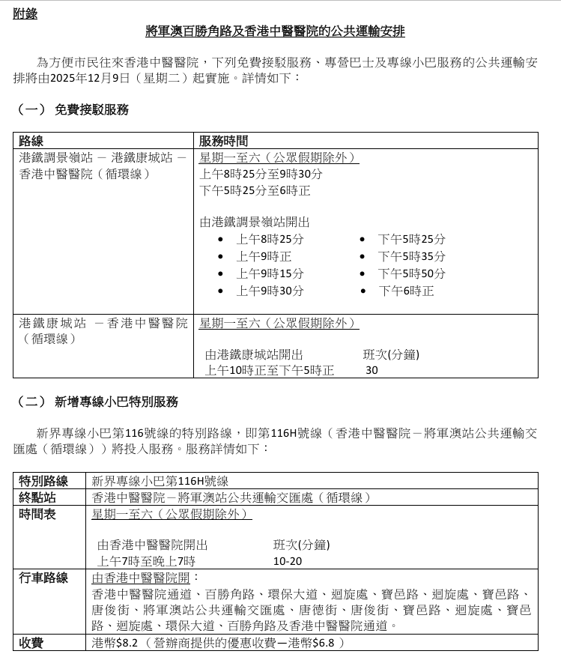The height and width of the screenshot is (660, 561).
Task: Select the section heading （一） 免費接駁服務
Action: click(x=72, y=109)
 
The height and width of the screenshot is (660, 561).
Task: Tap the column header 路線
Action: click(x=31, y=141)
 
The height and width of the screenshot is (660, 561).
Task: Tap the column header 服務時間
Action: click(x=223, y=141)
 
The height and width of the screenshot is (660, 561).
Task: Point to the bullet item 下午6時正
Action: click(x=405, y=291)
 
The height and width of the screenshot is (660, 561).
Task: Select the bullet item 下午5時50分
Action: click(x=411, y=273)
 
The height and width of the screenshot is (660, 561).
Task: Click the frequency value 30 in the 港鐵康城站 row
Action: click(x=372, y=370)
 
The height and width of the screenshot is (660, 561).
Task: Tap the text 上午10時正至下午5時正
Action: click(x=270, y=370)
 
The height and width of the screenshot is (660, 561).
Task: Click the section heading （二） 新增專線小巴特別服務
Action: click(x=97, y=402)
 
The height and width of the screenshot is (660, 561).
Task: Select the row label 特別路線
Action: click(x=43, y=481)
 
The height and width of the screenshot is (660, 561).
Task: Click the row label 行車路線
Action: click(x=43, y=578)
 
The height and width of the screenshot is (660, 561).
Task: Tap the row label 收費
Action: click(x=31, y=643)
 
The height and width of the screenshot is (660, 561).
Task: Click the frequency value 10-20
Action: click(x=288, y=561)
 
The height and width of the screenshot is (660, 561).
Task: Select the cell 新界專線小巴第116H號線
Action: click(x=160, y=481)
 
